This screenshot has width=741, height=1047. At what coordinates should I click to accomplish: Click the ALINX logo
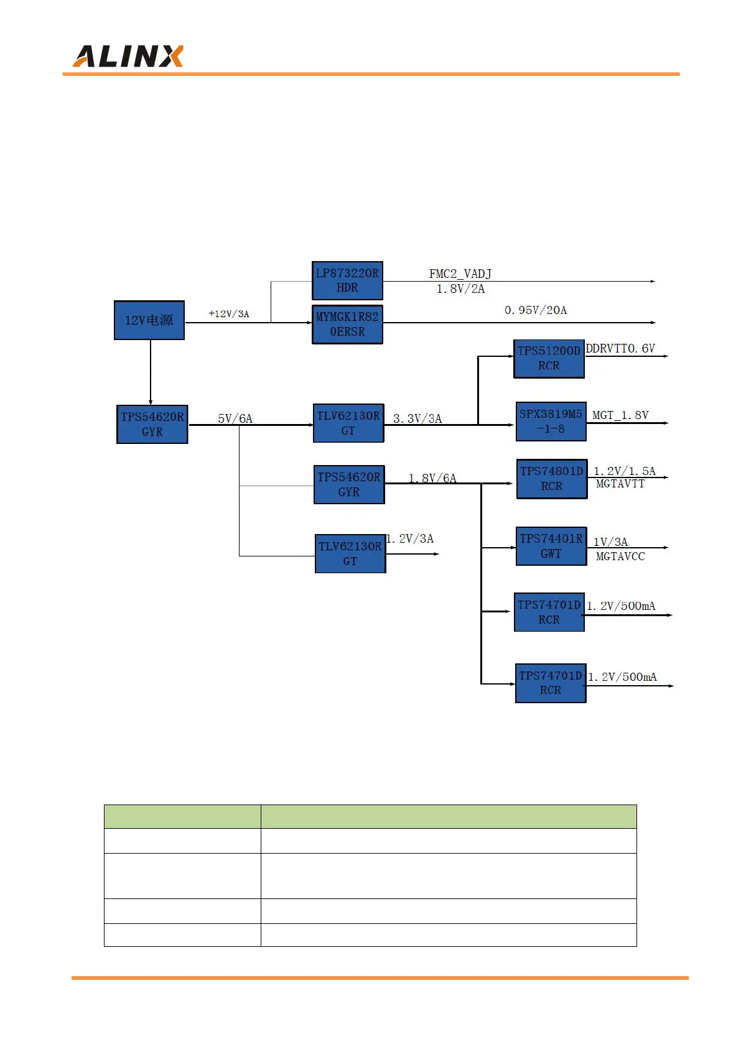pyautogui.click(x=128, y=56)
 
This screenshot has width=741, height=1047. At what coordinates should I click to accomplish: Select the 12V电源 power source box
pyautogui.click(x=149, y=320)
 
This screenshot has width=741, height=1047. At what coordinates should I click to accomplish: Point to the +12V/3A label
pyautogui.click(x=229, y=314)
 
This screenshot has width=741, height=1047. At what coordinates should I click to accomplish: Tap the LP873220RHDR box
pyautogui.click(x=347, y=280)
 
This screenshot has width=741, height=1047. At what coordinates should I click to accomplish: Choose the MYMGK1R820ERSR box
pyautogui.click(x=347, y=324)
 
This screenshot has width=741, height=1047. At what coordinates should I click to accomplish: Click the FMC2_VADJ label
pyautogui.click(x=460, y=274)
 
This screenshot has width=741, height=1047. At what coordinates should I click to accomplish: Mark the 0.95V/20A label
pyautogui.click(x=536, y=310)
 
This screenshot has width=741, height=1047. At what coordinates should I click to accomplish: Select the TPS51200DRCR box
pyautogui.click(x=549, y=359)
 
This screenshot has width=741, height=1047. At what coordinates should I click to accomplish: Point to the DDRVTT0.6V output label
pyautogui.click(x=620, y=349)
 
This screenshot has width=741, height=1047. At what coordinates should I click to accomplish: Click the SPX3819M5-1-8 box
pyautogui.click(x=551, y=422)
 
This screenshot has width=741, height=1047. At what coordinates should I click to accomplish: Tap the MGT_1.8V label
pyautogui.click(x=620, y=415)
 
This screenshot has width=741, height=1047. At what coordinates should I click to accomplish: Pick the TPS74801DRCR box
pyautogui.click(x=552, y=479)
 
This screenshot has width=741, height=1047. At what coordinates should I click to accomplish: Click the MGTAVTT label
pyautogui.click(x=620, y=484)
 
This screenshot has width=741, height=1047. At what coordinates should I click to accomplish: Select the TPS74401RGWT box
pyautogui.click(x=551, y=546)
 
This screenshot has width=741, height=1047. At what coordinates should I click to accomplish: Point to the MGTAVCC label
pyautogui.click(x=620, y=556)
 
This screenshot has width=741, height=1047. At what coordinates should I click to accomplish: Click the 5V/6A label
pyautogui.click(x=235, y=418)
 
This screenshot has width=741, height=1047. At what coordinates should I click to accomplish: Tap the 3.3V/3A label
pyautogui.click(x=417, y=418)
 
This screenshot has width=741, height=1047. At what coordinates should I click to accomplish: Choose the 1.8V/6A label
pyautogui.click(x=432, y=478)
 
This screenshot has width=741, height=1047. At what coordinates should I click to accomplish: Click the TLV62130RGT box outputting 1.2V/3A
pyautogui.click(x=350, y=553)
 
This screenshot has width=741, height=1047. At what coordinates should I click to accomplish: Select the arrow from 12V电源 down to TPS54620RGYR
pyautogui.click(x=151, y=372)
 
